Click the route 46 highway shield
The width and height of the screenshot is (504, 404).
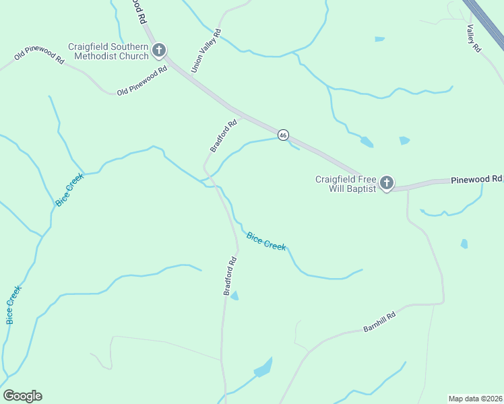pyautogui.click(x=283, y=135)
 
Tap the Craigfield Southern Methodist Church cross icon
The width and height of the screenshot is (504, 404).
pyautogui.click(x=160, y=50)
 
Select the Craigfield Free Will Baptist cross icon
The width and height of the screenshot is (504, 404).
pyautogui.click(x=387, y=182)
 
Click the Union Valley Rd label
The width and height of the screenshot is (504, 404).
pyautogui.click(x=206, y=50)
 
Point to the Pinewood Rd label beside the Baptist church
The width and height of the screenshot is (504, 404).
pyautogui.click(x=476, y=179)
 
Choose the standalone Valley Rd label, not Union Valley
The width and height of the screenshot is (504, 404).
pyautogui.click(x=474, y=38)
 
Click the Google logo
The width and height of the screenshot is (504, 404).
pyautogui.click(x=22, y=396)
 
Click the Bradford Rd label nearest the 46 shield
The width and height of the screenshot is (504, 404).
pyautogui.click(x=224, y=135)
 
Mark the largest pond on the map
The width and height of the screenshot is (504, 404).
pyautogui.click(x=263, y=368)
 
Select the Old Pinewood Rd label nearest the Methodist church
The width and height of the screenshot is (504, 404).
pyautogui.click(x=141, y=81)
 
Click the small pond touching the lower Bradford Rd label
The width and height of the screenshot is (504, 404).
pyautogui.click(x=234, y=295)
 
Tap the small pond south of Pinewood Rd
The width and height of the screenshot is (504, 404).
pyautogui.click(x=464, y=243)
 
